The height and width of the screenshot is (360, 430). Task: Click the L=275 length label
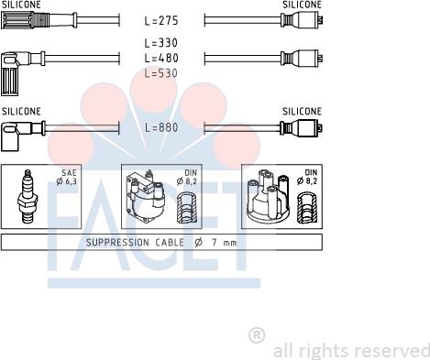(x=161, y=21)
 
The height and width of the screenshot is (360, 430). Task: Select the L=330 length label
(x=161, y=43)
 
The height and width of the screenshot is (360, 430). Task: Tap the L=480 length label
(x=161, y=58)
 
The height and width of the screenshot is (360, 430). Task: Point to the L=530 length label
(x=161, y=73)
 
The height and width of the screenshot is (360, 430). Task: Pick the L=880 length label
(x=161, y=127)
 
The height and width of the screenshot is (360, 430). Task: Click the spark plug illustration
(x=28, y=197)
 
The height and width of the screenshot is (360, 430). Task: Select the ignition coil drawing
(x=146, y=195)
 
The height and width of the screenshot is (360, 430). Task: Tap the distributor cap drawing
(x=268, y=197)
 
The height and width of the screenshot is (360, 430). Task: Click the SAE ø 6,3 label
(x=67, y=178)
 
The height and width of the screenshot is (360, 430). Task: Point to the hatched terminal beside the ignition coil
(x=187, y=208)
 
